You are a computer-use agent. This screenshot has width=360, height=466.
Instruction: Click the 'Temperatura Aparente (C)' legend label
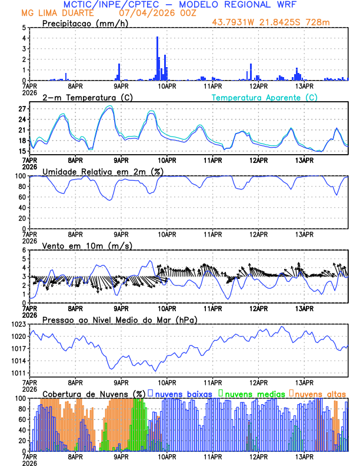(x=265, y=97)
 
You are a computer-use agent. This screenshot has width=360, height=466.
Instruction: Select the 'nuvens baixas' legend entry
(x=182, y=393)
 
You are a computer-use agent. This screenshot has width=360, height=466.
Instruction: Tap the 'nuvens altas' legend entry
(x=320, y=393)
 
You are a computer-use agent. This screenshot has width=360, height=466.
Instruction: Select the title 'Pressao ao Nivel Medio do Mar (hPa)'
(x=119, y=319)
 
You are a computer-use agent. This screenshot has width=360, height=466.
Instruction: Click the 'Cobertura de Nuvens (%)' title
(x=94, y=393)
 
